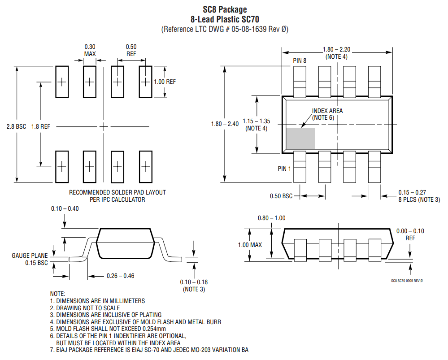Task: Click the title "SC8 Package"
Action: coord(224,9)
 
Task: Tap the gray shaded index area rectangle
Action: coord(300,139)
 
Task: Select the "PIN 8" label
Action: coord(300,61)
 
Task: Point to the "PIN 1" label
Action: coord(284,169)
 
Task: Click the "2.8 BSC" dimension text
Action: coord(16,127)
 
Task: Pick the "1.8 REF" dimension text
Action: coord(40,127)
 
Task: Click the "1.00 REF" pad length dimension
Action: coord(165,82)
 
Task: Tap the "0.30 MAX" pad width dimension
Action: coord(90,50)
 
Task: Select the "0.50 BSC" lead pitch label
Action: coord(281,196)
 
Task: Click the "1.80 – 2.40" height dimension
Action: coord(225,124)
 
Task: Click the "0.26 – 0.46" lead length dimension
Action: coord(120,276)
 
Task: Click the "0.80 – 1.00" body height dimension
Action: coord(271,218)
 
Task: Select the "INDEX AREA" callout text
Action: coord(327,111)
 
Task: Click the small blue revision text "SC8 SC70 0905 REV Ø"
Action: coord(407,281)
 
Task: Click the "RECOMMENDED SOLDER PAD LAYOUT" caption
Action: coord(117,192)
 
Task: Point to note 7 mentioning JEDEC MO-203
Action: coord(149,350)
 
